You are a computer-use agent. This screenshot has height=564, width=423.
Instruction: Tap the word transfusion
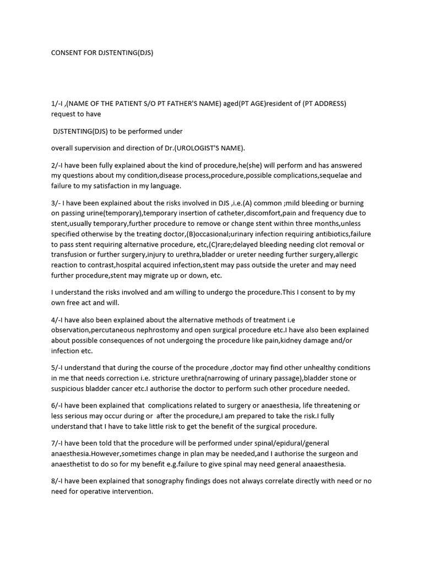coord(72,254)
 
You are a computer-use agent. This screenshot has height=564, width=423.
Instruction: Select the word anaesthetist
coord(74,464)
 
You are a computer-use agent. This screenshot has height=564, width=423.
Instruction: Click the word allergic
coord(342,254)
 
